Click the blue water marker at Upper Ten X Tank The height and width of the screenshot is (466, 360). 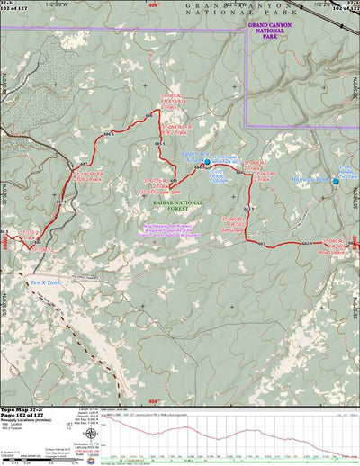click(207, 163)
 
